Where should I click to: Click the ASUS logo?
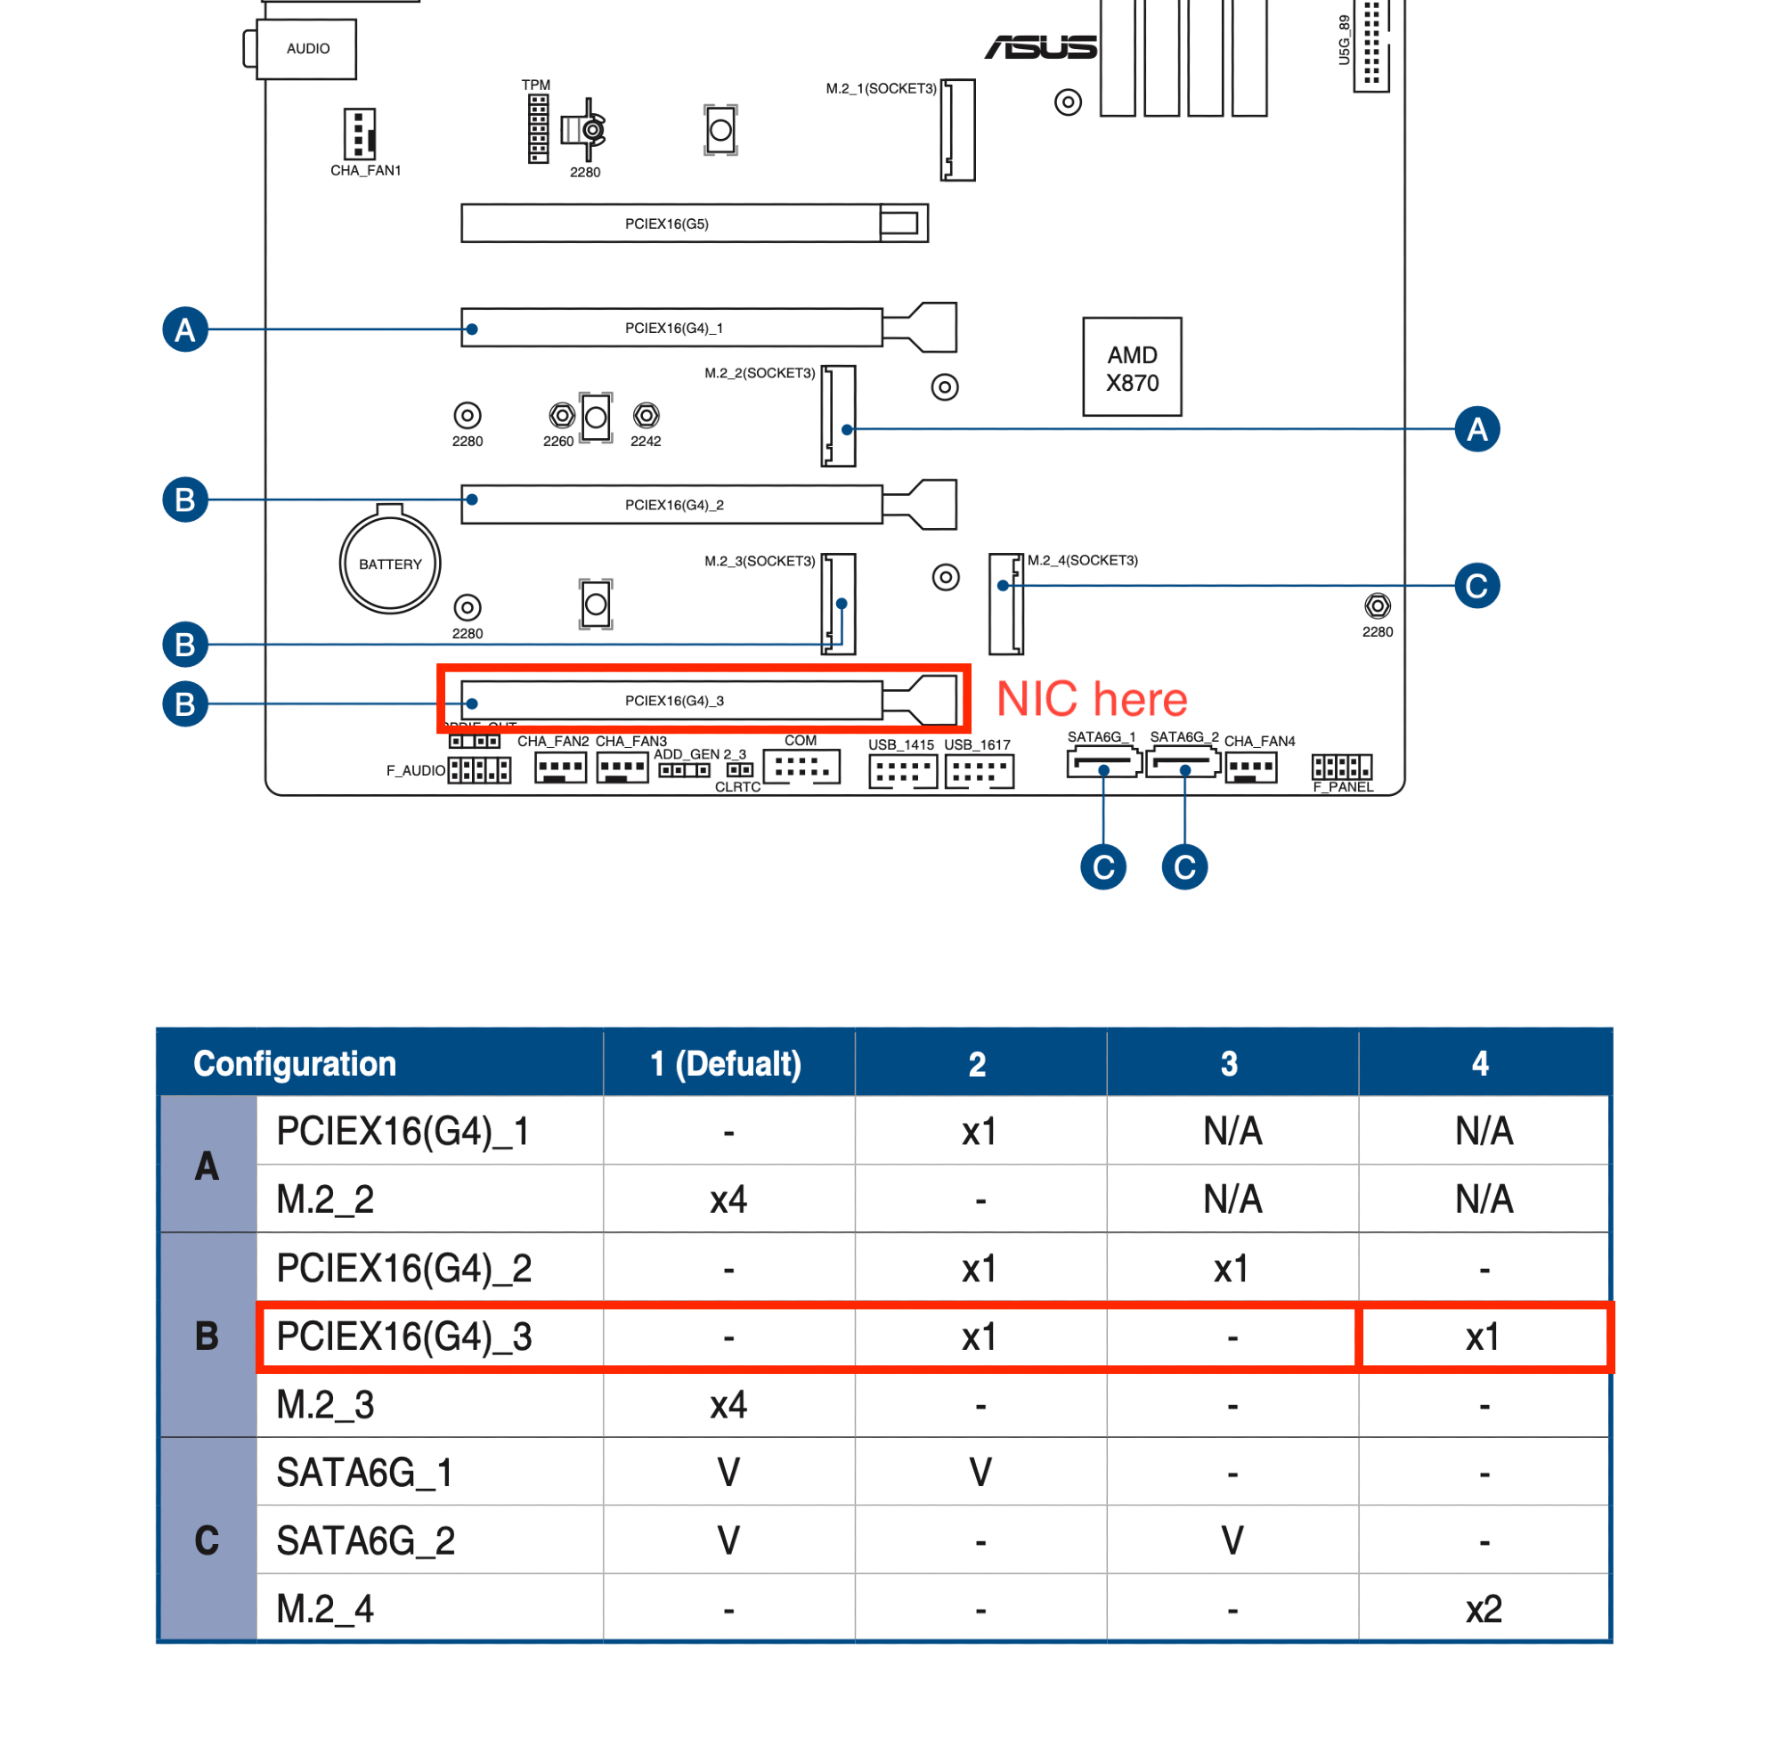(x=1041, y=47)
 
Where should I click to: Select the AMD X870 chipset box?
(x=1132, y=367)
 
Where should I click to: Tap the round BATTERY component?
(x=390, y=563)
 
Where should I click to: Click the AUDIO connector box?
(x=307, y=49)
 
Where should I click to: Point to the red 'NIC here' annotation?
(x=1093, y=699)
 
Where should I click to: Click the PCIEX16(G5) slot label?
(x=666, y=224)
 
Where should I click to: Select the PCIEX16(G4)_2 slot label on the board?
(x=674, y=505)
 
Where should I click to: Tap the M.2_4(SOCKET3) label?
(x=1083, y=560)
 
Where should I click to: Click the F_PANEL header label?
(x=1343, y=787)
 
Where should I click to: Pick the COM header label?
(x=801, y=740)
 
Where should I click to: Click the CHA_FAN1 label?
(x=366, y=170)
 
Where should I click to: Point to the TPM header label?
(x=535, y=85)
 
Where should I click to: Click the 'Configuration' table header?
(x=295, y=1063)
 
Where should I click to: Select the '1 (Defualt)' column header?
(x=727, y=1063)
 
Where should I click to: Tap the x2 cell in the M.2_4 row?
(x=1484, y=1609)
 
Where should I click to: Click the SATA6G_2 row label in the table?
(x=366, y=1541)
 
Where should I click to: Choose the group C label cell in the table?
(x=207, y=1540)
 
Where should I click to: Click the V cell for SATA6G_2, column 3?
(x=1232, y=1541)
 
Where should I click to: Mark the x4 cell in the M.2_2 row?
(x=728, y=1200)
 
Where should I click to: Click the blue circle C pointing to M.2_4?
(x=1476, y=585)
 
